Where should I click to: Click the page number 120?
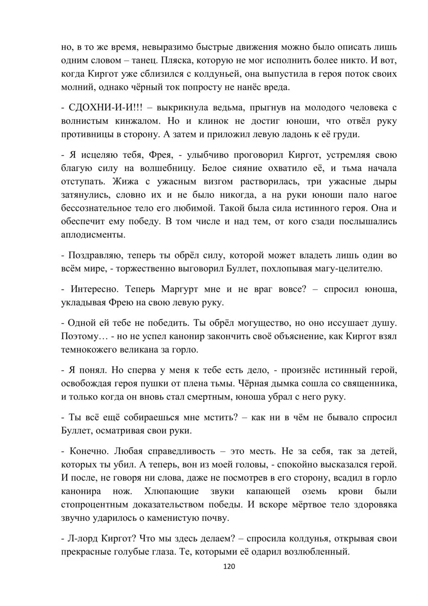(229, 567)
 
